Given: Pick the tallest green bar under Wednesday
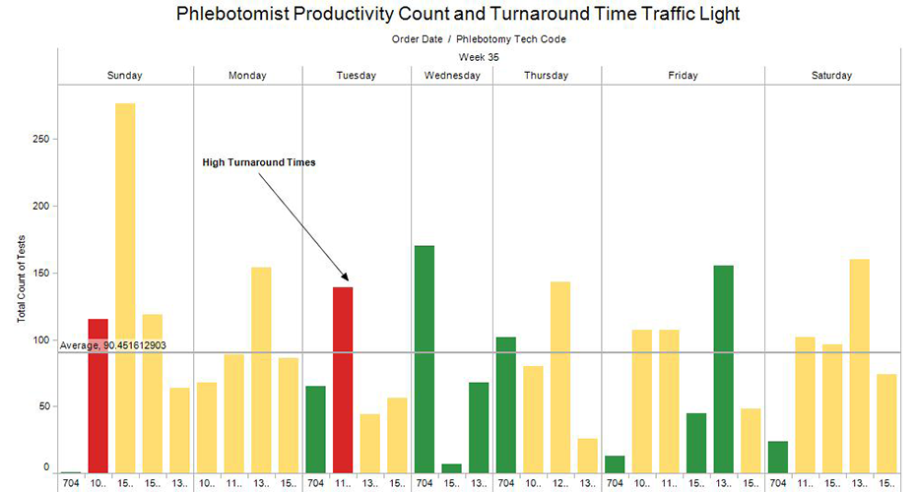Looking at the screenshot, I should click(425, 359).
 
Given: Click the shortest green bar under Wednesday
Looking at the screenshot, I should click(451, 468).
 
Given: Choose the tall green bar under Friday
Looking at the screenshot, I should click(723, 369).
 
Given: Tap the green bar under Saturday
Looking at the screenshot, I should click(778, 457).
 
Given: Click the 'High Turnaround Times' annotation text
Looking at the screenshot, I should click(259, 162).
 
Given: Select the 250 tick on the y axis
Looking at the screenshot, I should click(40, 139).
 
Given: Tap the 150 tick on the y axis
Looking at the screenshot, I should click(40, 273).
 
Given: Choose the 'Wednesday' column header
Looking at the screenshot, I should click(452, 76).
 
